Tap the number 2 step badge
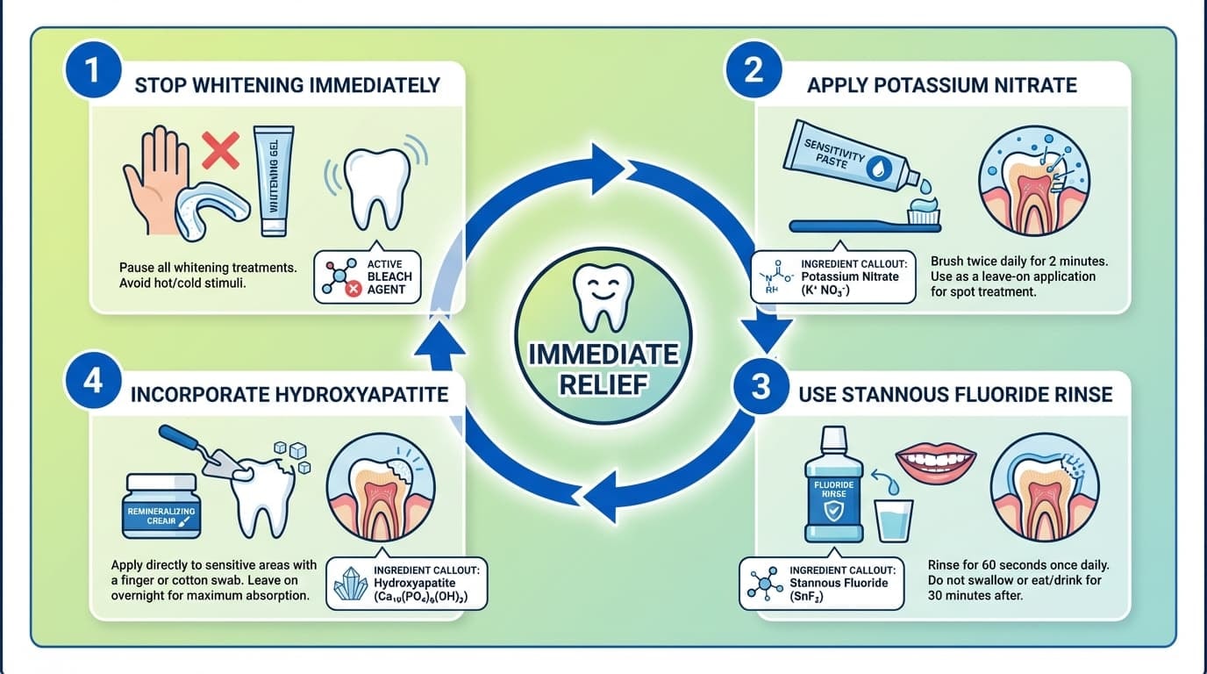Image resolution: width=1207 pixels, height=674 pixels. [753, 70]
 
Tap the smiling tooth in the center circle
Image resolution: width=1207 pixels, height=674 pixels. [603, 295]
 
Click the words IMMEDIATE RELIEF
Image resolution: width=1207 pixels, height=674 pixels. [603, 369]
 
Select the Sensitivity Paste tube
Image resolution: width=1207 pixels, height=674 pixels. [855, 158]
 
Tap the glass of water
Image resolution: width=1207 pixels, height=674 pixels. [895, 522]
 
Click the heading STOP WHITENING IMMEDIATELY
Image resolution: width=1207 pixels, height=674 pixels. [287, 85]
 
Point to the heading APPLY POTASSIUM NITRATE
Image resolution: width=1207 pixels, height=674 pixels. [941, 85]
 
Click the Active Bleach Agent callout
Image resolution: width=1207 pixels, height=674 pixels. [369, 276]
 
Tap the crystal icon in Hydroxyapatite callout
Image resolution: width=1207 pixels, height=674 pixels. [351, 582]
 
